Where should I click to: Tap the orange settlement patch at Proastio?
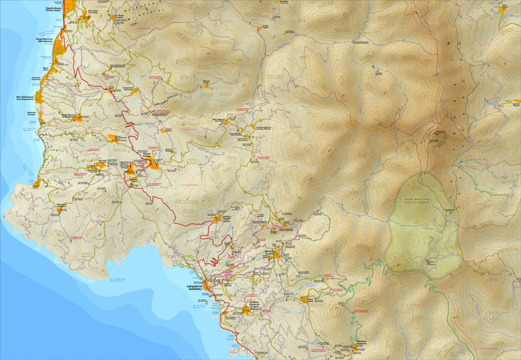pos(246,310)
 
